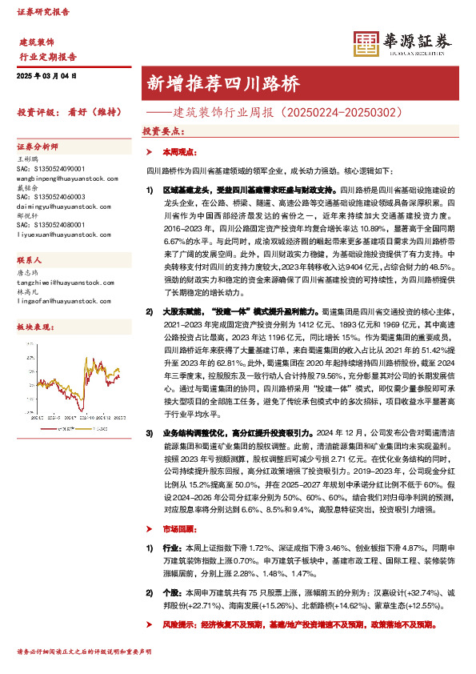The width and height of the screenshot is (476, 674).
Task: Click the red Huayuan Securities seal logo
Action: [x=366, y=46]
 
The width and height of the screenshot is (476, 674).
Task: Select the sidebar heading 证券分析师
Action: [x=38, y=147]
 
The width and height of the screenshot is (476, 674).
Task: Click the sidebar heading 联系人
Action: [x=30, y=283]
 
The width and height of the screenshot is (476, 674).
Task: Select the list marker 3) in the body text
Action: [x=149, y=431]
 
